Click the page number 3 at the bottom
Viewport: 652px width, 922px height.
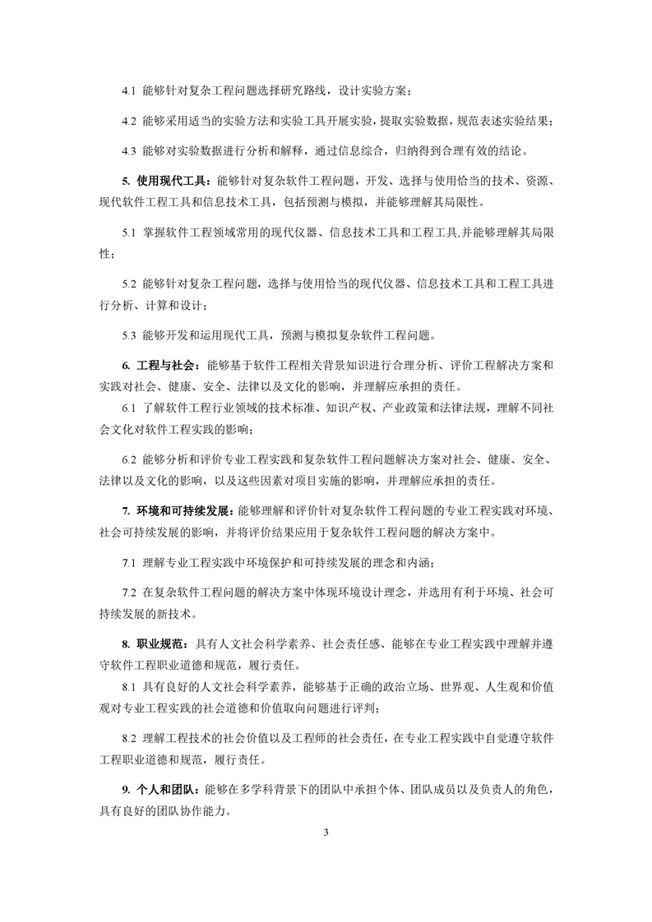(x=326, y=835)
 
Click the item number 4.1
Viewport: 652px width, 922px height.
(x=128, y=91)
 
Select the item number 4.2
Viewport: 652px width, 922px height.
(x=128, y=121)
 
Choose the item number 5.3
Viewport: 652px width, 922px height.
(x=128, y=334)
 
